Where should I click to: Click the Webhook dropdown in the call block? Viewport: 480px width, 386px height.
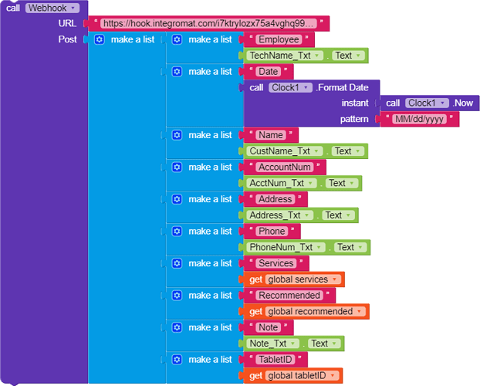coord(52,8)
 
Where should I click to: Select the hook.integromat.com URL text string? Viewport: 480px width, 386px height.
coord(208,24)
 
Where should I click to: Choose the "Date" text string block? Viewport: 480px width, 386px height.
coord(268,72)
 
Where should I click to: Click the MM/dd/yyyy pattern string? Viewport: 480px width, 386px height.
coord(420,120)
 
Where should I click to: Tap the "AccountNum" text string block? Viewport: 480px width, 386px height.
coord(285,168)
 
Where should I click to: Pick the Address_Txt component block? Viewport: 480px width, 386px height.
coord(277,215)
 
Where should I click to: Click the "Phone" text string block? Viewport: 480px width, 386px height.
coord(272,232)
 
